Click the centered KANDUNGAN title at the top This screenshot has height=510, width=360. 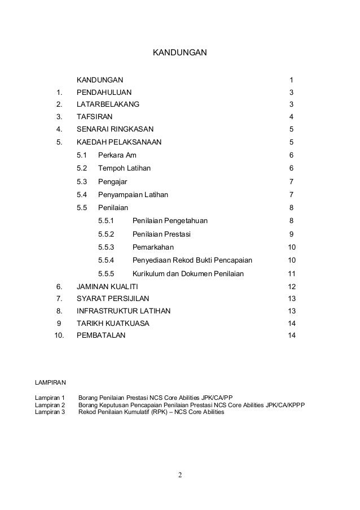pos(181,54)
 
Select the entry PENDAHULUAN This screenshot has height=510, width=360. pos(104,92)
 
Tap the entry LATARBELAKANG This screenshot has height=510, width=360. pos(108,104)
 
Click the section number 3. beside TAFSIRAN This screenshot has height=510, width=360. pos(59,117)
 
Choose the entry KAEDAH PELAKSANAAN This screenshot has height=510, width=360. pos(118,142)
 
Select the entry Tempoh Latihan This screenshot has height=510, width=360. pos(124,168)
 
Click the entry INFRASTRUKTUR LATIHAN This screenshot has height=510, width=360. pos(124,311)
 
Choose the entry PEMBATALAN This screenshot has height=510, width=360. pos(102,335)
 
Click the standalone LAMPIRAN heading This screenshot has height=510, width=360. pos(50,383)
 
